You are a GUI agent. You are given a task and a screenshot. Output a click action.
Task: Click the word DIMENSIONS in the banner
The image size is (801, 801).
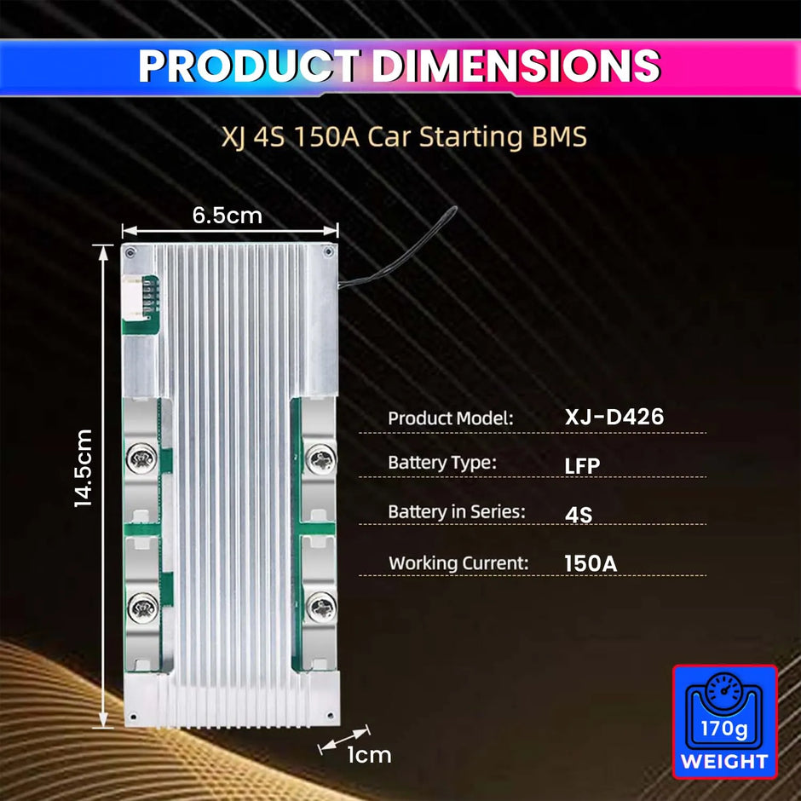tap(516, 66)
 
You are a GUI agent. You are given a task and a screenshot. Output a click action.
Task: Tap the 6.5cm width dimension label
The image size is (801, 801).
tap(227, 215)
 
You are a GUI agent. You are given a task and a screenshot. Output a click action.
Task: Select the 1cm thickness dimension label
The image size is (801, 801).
tap(369, 754)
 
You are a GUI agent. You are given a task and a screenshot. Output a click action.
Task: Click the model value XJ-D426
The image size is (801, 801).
tap(614, 417)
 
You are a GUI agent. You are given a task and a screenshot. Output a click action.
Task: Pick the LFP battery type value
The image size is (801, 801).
tap(582, 465)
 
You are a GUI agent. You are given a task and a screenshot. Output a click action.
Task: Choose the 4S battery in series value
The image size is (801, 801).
tap(579, 515)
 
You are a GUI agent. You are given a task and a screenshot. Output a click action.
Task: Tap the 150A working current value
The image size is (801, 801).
tap(591, 563)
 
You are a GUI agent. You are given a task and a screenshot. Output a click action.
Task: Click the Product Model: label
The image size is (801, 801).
tap(451, 418)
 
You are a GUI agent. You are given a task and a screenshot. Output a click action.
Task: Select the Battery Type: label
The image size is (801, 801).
tap(441, 463)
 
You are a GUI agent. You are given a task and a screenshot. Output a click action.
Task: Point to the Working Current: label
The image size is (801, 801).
tap(458, 563)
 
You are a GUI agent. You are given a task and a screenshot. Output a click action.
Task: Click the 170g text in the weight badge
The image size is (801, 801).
tap(723, 729)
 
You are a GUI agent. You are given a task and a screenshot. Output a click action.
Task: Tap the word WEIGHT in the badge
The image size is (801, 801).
tap(724, 761)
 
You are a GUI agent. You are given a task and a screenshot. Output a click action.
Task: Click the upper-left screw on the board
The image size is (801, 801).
tap(141, 461)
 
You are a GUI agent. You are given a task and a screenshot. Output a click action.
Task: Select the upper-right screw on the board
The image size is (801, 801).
tap(320, 461)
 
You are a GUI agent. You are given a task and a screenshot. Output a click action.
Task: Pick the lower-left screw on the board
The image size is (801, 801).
tap(141, 607)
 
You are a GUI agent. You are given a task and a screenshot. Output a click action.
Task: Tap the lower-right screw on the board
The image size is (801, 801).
tap(320, 607)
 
